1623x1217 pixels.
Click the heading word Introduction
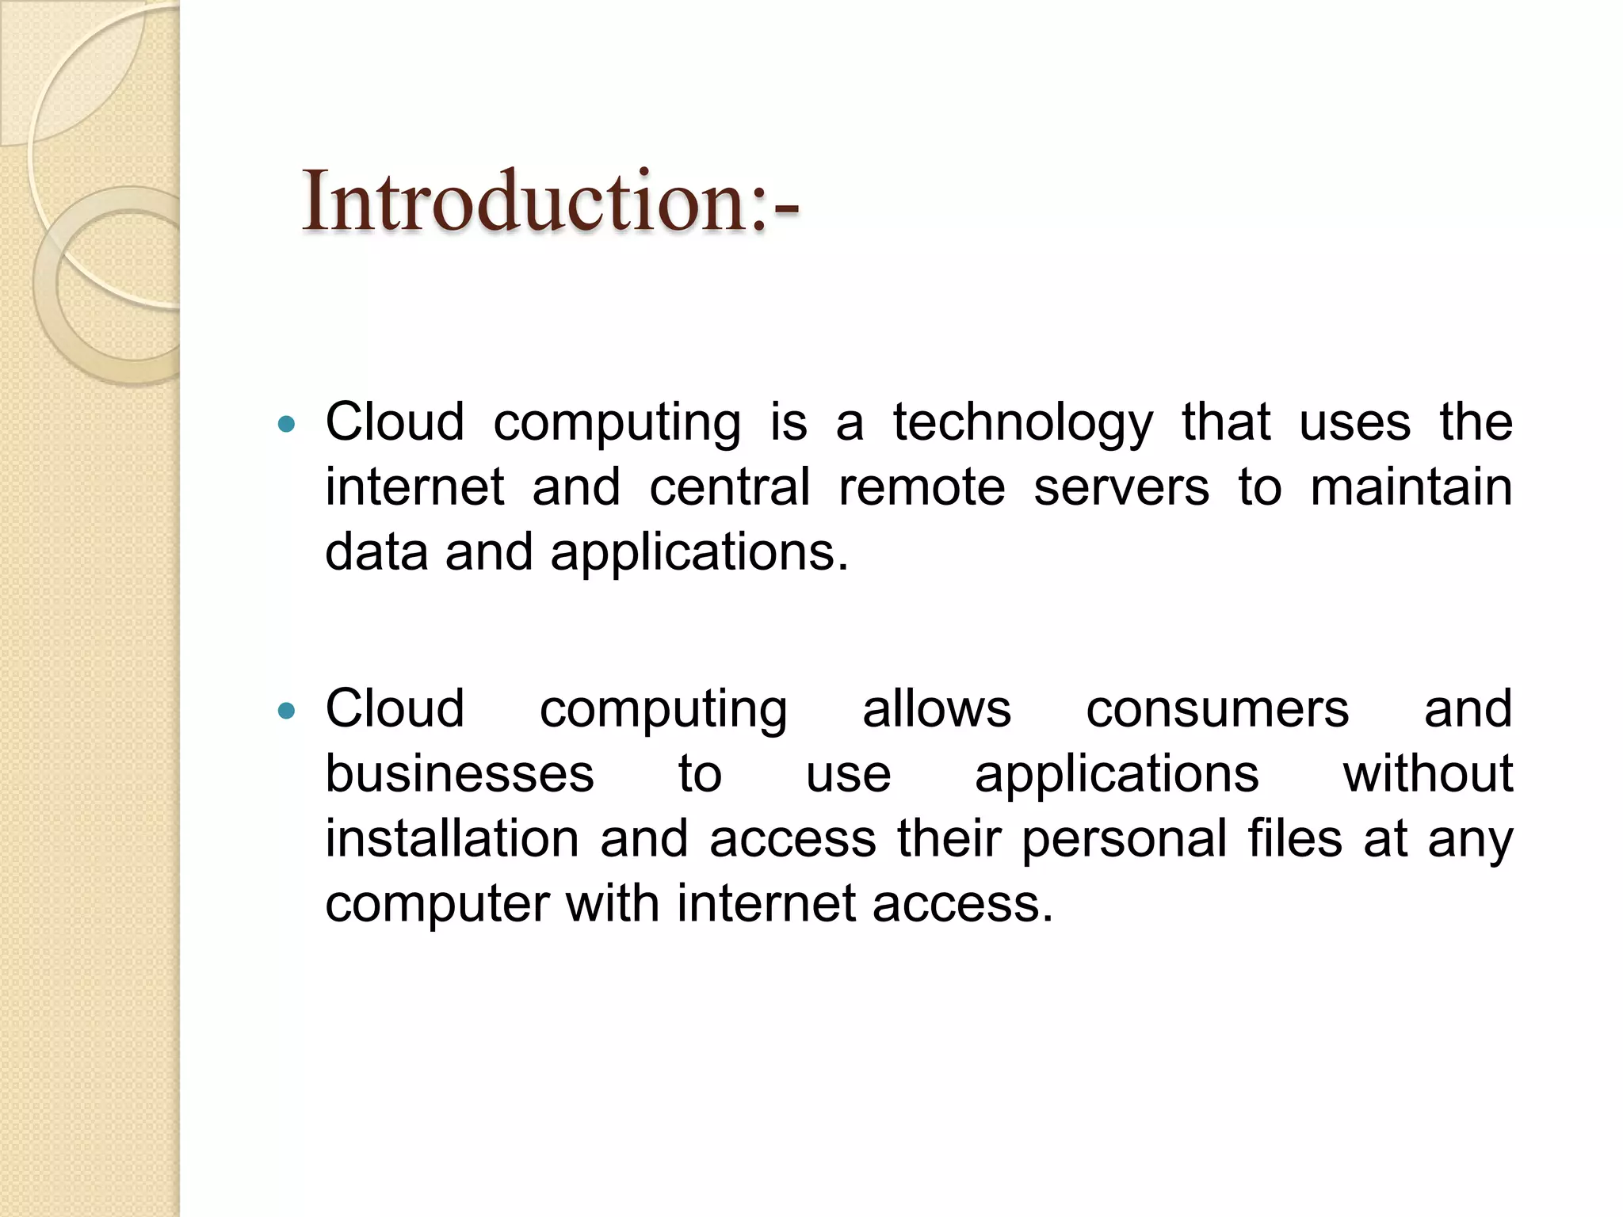pyautogui.click(x=550, y=202)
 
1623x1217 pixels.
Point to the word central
pyautogui.click(x=730, y=486)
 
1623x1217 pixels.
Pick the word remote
pyautogui.click(x=922, y=486)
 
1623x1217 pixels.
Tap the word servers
pyautogui.click(x=1121, y=486)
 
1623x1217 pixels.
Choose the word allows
pyautogui.click(x=936, y=708)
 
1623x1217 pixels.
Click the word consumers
pyautogui.click(x=1217, y=708)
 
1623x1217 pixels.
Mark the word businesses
pyautogui.click(x=460, y=773)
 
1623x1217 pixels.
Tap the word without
pyautogui.click(x=1427, y=773)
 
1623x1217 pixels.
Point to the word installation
pyautogui.click(x=453, y=838)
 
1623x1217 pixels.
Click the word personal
pyautogui.click(x=1124, y=840)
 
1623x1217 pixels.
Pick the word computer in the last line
pyautogui.click(x=437, y=905)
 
